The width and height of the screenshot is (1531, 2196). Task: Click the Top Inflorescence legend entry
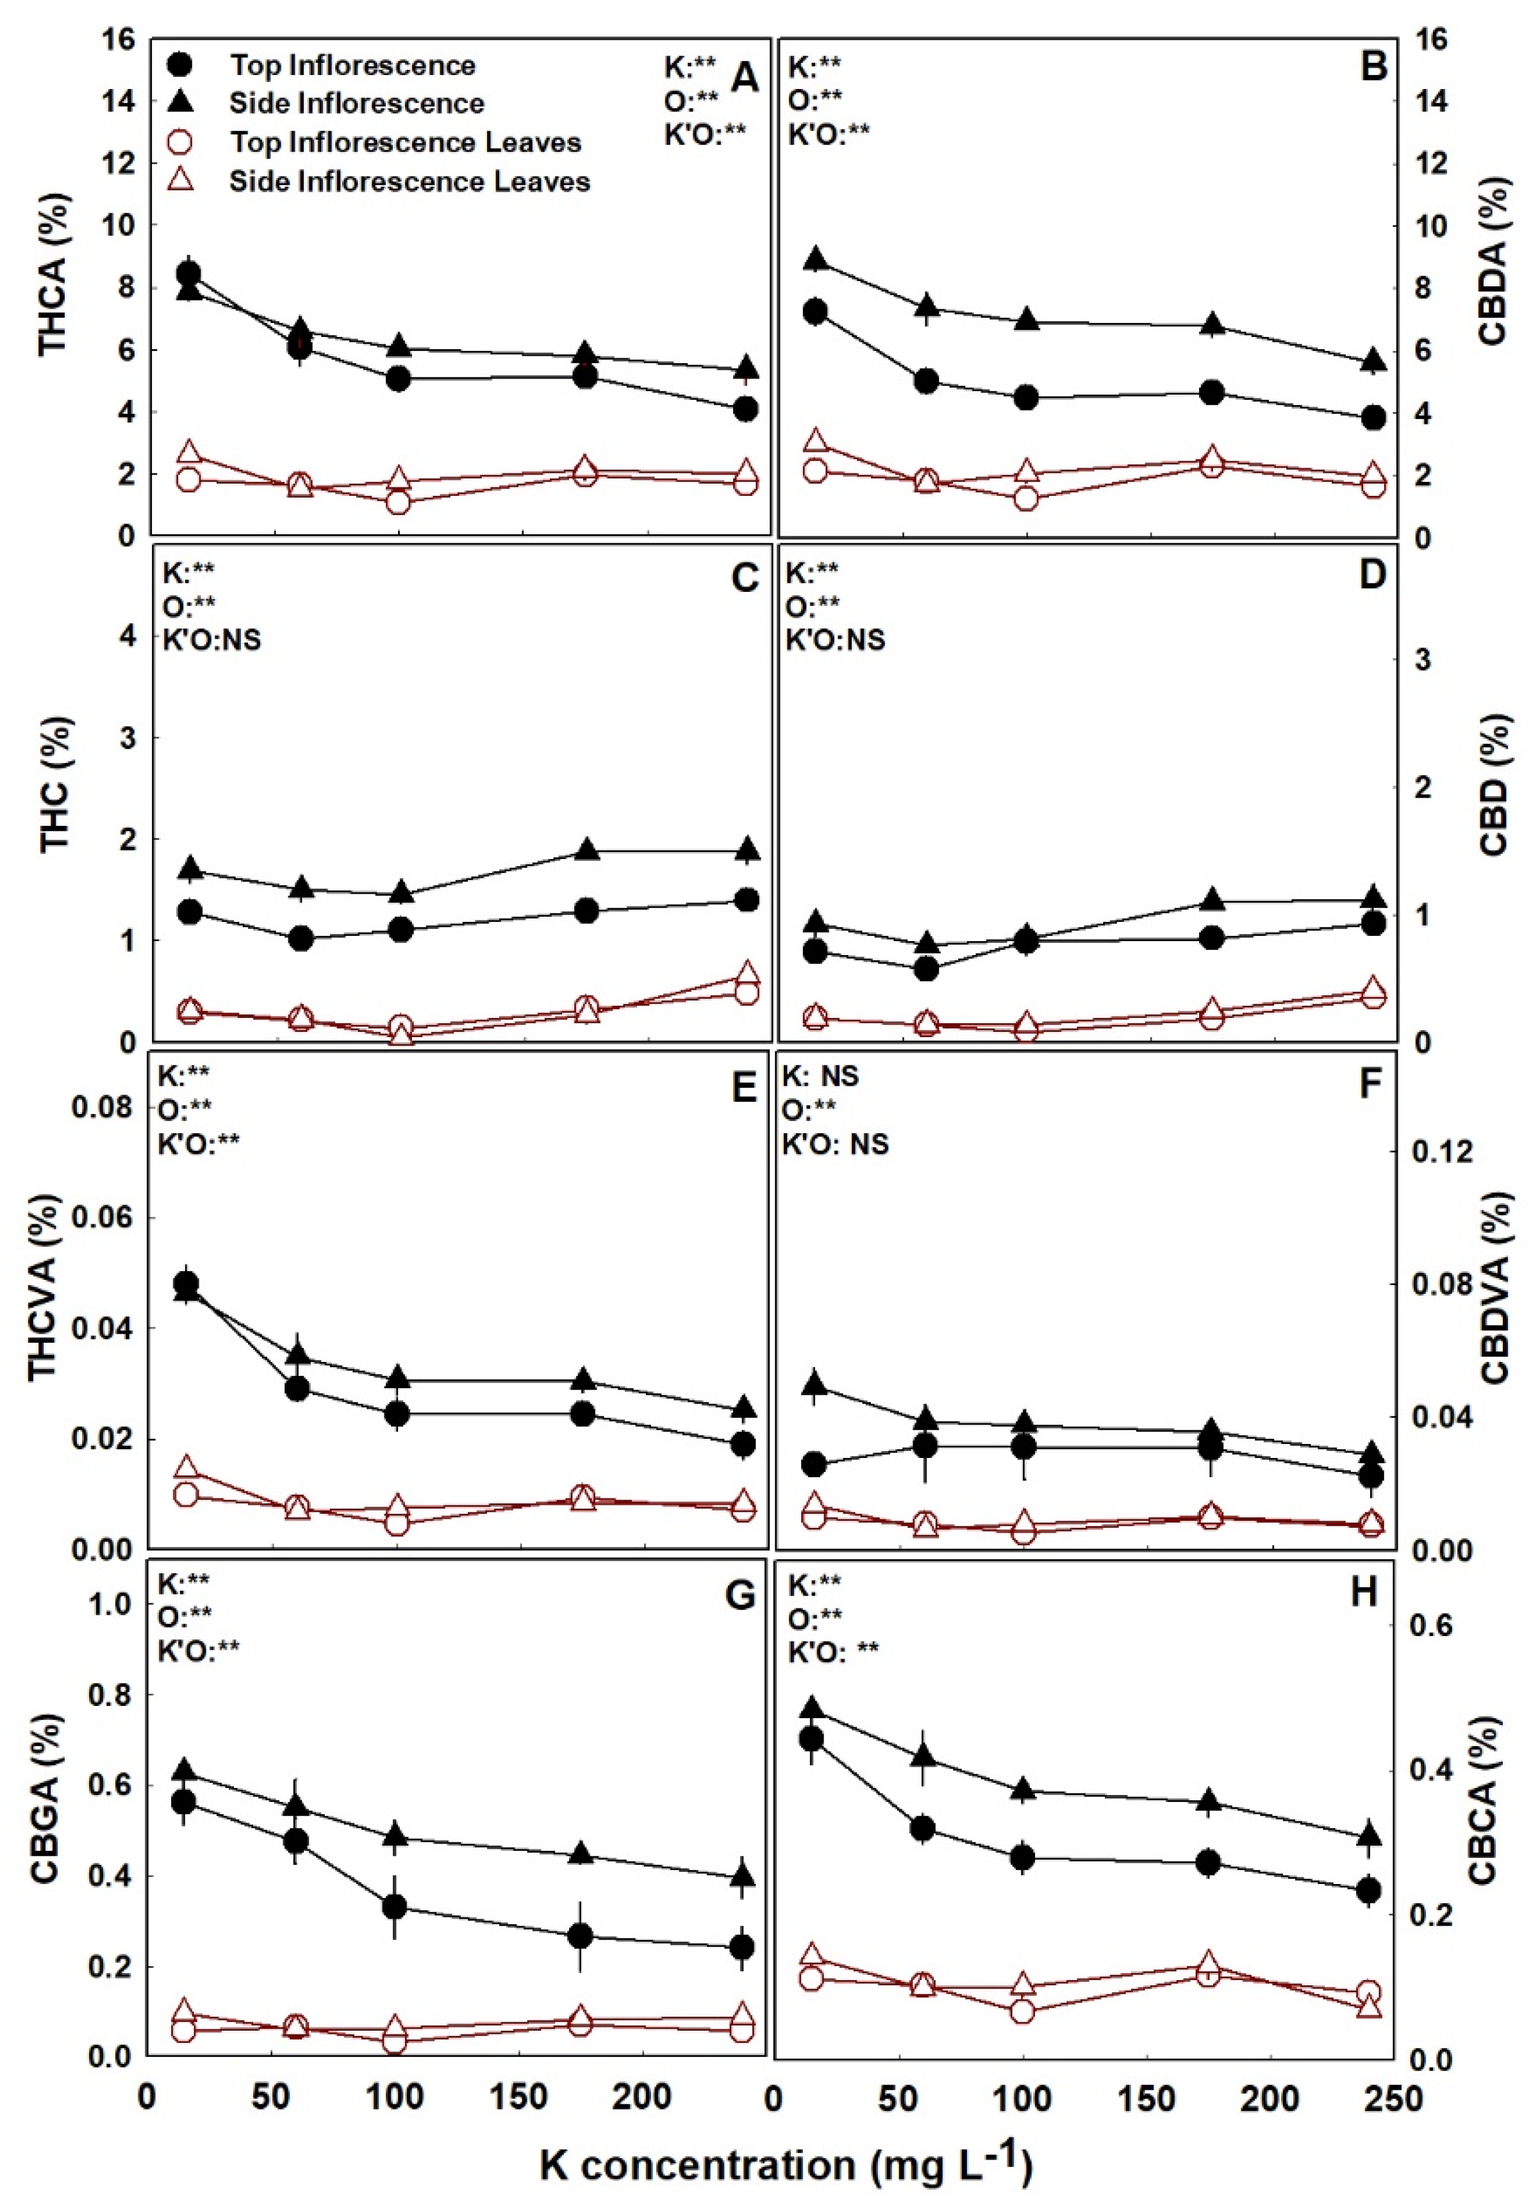[351, 65]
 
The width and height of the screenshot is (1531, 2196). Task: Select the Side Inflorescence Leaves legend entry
[409, 182]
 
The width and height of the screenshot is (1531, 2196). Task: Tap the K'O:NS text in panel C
[210, 639]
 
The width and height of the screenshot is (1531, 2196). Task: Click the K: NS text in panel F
[821, 1077]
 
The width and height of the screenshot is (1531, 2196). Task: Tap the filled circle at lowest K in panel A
[188, 274]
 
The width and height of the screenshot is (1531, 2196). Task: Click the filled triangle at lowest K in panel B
[815, 258]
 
